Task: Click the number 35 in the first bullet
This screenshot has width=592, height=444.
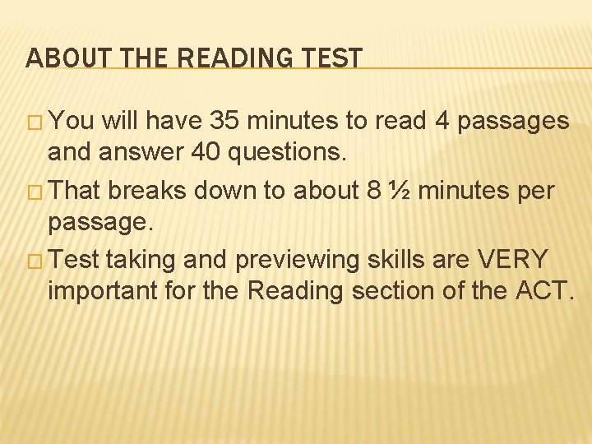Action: point(226,122)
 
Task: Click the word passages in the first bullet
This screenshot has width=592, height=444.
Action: point(514,123)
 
